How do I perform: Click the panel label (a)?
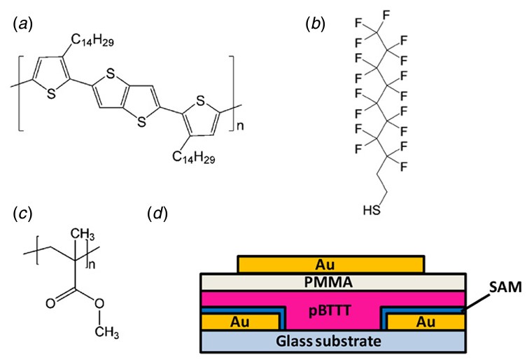point(20,23)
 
